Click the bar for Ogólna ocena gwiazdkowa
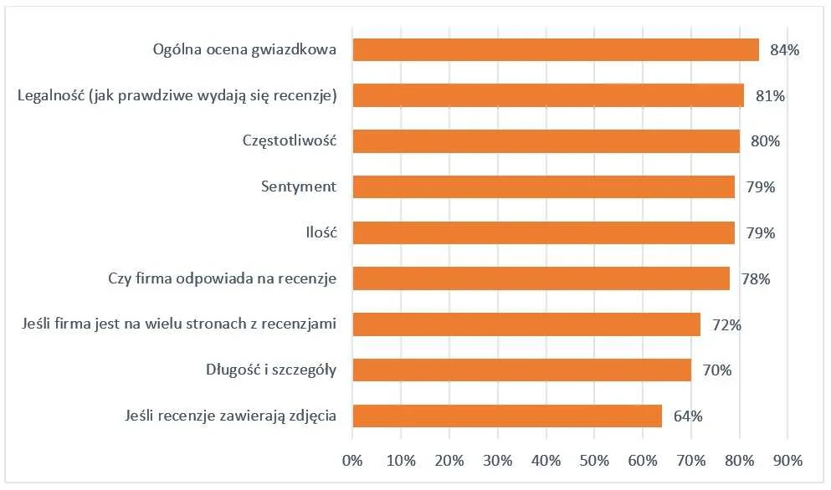556,49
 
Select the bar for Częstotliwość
546,141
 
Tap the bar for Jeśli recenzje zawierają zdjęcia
507,416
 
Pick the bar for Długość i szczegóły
521,370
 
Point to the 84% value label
785,50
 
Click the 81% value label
770,96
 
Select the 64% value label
688,416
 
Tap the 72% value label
726,324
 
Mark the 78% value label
756,278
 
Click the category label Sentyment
299,186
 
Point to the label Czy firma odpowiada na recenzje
223,278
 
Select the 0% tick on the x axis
352,460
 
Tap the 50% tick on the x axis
594,460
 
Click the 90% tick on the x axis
788,460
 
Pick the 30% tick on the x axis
498,460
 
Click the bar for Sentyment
543,186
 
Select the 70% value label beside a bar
716,370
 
